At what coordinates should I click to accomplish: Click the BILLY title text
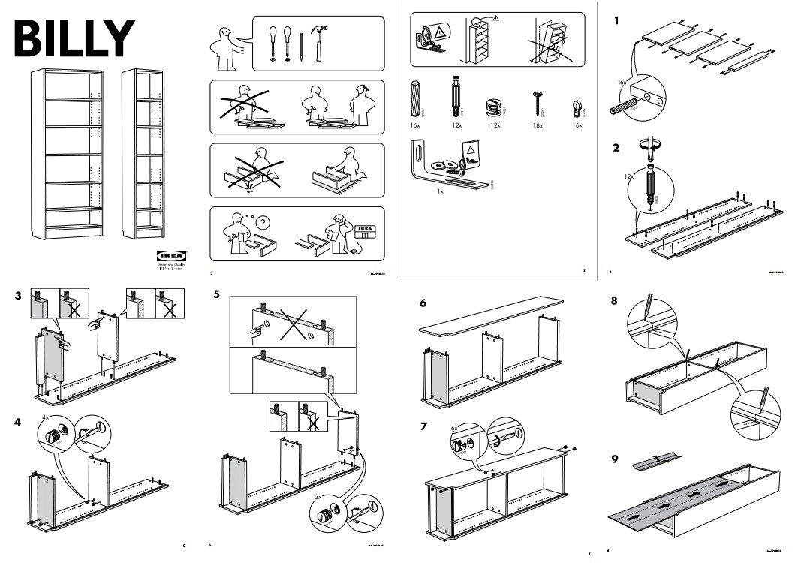point(74,37)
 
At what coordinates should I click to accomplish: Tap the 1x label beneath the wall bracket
point(441,192)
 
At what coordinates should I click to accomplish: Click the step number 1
point(616,21)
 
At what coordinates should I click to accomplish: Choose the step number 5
point(217,294)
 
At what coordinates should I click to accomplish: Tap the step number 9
point(616,459)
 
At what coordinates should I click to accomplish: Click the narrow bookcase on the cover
point(142,153)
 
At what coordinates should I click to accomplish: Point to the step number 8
point(616,301)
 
